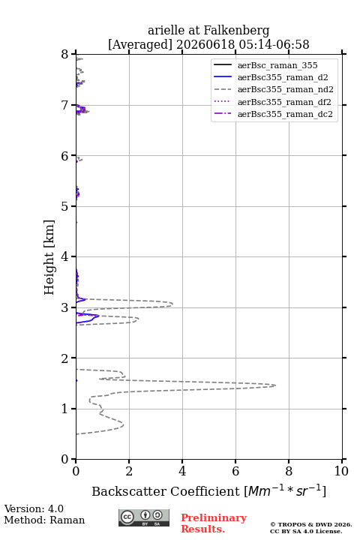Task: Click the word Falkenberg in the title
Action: pos(236,31)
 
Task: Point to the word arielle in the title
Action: pos(166,31)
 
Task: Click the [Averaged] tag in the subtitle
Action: pos(139,45)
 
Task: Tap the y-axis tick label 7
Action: pos(64,105)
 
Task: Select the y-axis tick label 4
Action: pos(64,256)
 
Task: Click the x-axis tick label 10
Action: pos(341,471)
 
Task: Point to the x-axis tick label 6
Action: pos(235,471)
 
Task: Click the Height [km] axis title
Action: pos(49,257)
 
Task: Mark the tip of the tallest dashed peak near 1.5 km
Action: pos(275,385)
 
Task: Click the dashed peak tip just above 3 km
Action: pos(172,304)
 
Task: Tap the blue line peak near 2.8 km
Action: pos(99,316)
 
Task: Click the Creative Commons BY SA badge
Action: pos(144,517)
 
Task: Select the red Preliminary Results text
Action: pos(214,523)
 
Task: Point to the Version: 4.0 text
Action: pos(34,508)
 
